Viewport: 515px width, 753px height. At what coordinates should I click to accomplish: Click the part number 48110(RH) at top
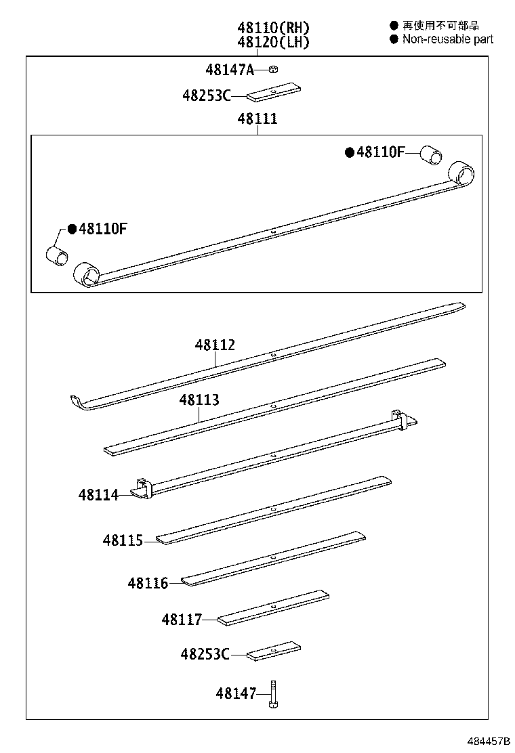click(273, 28)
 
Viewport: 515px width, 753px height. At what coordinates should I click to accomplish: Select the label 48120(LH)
click(273, 42)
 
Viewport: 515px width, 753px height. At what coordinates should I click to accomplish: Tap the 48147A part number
click(230, 69)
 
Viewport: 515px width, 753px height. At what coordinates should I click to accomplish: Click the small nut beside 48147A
click(273, 69)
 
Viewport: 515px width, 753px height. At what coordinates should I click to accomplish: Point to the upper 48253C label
click(206, 95)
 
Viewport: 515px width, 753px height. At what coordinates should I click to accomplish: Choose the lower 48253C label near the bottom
click(205, 654)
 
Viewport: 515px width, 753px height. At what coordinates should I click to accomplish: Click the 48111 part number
click(257, 119)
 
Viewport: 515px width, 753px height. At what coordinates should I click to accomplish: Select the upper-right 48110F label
click(380, 152)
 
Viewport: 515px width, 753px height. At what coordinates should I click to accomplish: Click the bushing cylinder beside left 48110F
click(58, 256)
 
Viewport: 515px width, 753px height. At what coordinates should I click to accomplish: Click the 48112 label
click(215, 345)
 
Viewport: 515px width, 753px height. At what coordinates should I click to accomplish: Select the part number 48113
click(199, 400)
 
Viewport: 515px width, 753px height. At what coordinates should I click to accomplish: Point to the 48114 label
click(98, 496)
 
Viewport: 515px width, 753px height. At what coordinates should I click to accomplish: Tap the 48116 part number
click(148, 582)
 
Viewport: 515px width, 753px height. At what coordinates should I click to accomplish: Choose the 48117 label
click(182, 619)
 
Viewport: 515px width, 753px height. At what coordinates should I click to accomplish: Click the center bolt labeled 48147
click(272, 694)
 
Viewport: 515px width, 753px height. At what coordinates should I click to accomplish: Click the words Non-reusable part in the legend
click(448, 39)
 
